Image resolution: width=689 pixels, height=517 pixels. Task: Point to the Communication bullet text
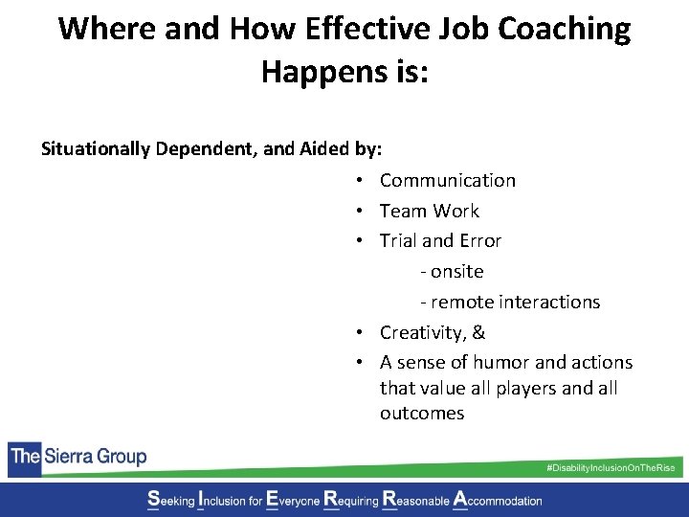[447, 180]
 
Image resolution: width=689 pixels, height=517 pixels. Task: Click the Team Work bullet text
[429, 211]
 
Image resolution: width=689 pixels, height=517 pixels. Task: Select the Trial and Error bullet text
[440, 240]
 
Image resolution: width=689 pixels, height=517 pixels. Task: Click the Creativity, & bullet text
[432, 332]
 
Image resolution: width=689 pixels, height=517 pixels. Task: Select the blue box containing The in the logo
[24, 457]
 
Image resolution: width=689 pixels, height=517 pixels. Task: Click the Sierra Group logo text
[95, 457]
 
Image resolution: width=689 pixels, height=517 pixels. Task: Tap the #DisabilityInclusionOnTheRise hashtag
[610, 466]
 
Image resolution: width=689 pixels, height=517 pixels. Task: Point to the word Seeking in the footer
[169, 500]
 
